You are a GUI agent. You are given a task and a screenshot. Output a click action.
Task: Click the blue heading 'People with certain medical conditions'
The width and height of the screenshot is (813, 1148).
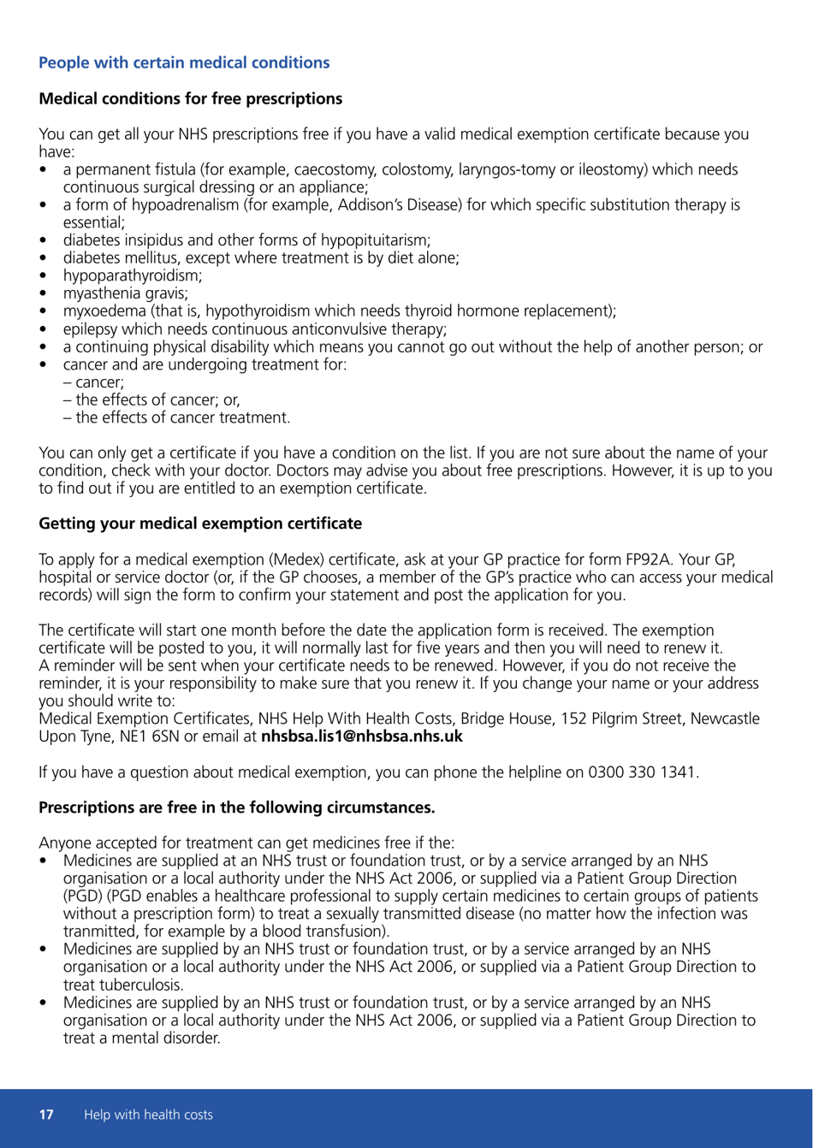[184, 62]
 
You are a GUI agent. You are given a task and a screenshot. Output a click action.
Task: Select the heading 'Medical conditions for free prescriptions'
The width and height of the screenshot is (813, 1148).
[191, 98]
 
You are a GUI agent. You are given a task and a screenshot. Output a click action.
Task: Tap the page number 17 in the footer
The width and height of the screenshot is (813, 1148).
[46, 1115]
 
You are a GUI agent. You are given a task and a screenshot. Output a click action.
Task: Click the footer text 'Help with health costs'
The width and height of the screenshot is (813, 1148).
[147, 1115]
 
